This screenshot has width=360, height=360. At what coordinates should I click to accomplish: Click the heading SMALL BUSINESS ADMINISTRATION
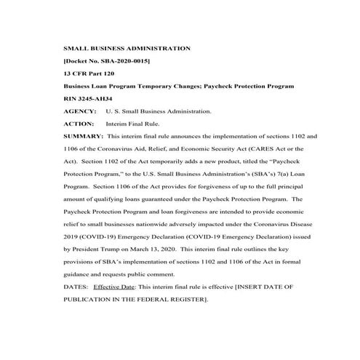coord(127,48)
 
